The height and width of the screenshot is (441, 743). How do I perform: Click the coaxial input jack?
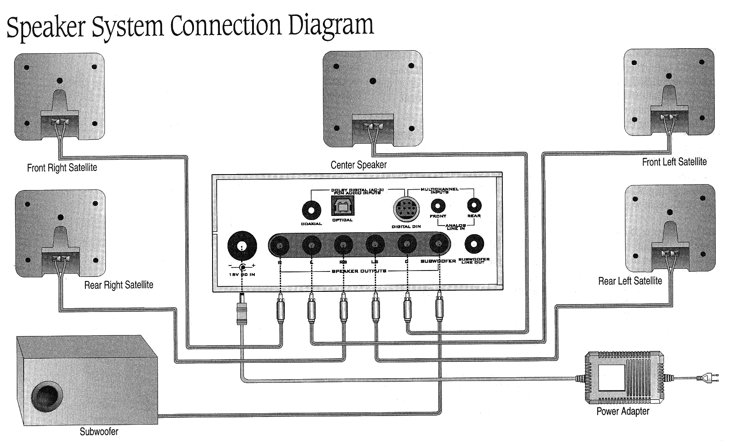(312, 210)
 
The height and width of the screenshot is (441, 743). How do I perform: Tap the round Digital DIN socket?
(406, 210)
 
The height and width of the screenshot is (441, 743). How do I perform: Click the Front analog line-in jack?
(438, 205)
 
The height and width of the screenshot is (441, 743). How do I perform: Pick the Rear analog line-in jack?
(474, 205)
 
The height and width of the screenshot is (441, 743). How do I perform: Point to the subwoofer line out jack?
(474, 245)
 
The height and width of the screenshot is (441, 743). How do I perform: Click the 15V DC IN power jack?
(242, 246)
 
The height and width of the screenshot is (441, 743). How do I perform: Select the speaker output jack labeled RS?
(343, 246)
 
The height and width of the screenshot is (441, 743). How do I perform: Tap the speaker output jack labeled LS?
(375, 246)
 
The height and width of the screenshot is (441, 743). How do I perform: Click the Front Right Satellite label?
(62, 168)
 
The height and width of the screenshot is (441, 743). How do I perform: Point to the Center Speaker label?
(358, 165)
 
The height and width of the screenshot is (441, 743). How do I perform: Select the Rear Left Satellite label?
(630, 281)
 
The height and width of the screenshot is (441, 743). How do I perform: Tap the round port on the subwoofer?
(47, 396)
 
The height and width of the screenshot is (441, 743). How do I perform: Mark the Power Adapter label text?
(623, 411)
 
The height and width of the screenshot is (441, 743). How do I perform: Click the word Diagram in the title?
(331, 26)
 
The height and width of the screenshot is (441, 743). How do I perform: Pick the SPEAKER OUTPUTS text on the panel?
(359, 271)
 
